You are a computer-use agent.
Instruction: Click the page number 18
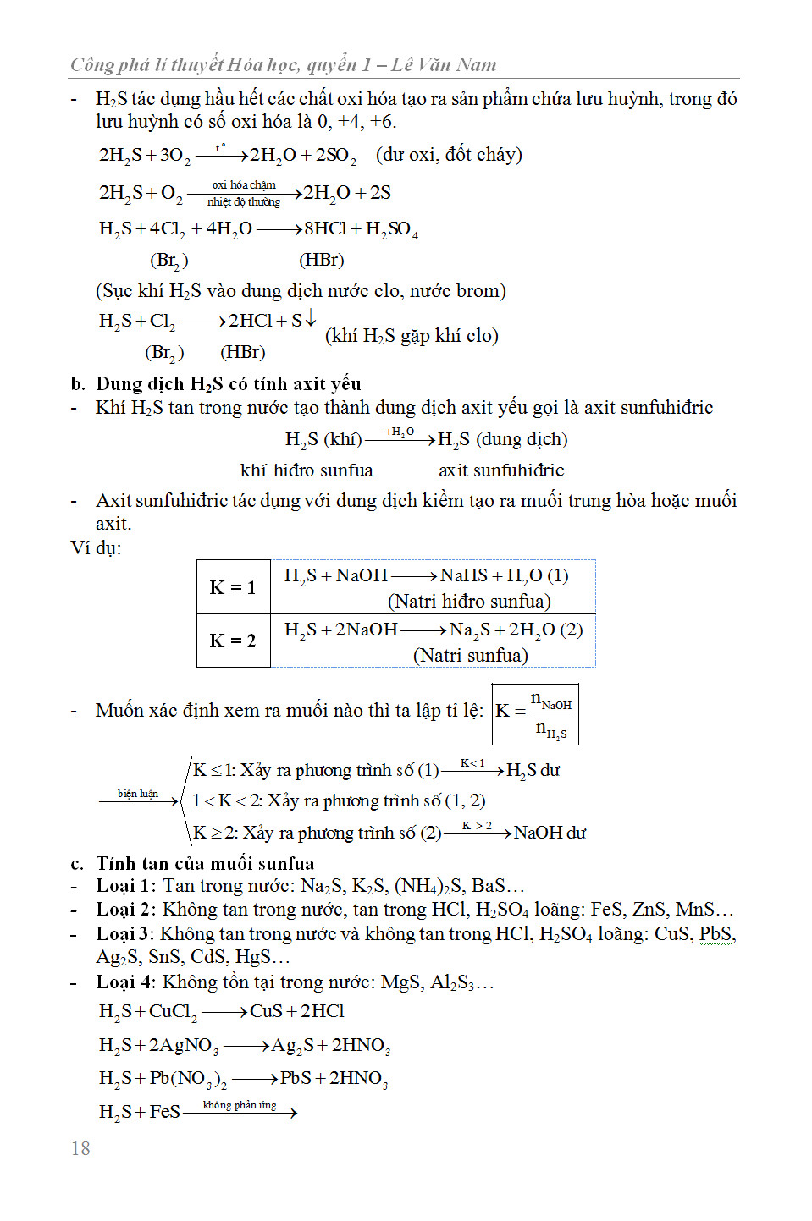click(80, 1148)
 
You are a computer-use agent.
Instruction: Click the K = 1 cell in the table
click(233, 587)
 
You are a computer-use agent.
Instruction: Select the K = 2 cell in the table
click(233, 641)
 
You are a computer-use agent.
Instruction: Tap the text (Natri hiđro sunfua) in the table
click(469, 602)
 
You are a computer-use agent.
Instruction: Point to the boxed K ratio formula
click(535, 714)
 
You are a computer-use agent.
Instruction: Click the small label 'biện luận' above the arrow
click(138, 794)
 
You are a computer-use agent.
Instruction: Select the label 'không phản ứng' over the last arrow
click(240, 1105)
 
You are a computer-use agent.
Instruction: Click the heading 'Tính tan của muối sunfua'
click(205, 863)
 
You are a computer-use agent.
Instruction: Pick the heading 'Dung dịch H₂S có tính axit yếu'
click(228, 383)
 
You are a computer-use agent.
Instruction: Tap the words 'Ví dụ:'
click(96, 547)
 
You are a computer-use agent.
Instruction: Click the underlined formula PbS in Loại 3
click(716, 934)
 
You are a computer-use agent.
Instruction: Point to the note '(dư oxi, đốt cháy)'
click(449, 155)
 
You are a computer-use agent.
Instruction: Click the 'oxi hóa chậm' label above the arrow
click(244, 184)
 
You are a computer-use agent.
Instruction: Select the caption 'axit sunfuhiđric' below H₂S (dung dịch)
click(501, 470)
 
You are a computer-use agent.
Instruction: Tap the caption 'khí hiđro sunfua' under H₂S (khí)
click(307, 470)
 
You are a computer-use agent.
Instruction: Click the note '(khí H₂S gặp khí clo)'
click(412, 336)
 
